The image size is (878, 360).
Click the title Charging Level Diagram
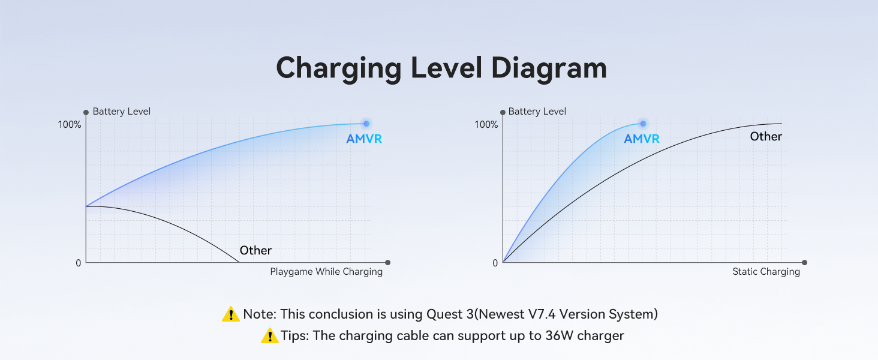441,68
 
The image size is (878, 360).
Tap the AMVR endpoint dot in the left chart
366,124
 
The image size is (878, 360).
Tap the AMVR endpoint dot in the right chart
643,124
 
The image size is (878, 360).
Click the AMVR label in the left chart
364,139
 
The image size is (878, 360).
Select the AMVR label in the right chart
642,139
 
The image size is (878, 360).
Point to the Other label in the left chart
255,251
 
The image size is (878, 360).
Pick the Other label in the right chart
766,137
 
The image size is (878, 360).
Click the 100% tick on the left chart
70,125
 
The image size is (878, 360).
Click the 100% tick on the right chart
486,125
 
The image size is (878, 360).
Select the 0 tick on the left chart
78,263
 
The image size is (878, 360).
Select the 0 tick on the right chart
495,263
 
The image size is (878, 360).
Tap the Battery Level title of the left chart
122,112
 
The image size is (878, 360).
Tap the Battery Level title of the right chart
537,112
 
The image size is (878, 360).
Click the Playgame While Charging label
326,272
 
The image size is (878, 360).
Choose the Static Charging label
766,272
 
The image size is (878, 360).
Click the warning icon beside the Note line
230,314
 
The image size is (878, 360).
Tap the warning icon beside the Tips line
270,336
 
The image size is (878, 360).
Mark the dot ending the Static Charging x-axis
804,262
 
